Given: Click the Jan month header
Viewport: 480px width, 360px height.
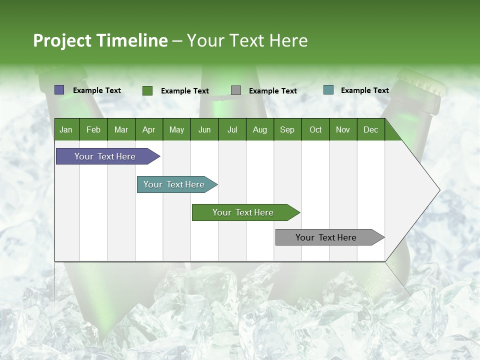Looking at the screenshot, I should tap(66, 129).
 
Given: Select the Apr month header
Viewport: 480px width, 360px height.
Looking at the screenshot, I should tap(148, 129).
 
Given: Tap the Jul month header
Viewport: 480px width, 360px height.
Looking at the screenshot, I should tap(232, 129).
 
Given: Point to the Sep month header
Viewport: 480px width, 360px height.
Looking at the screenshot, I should tap(287, 129).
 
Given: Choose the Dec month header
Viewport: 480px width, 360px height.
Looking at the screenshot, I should tap(370, 129).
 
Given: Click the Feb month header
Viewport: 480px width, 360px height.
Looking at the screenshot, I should tap(93, 129).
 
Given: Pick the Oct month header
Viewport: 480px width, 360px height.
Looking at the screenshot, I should tap(315, 129).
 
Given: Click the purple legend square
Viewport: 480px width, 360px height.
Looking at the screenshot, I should tap(59, 90).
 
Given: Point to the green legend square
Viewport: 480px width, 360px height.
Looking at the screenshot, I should tap(147, 90).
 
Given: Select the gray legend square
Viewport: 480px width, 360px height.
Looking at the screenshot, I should tap(236, 90).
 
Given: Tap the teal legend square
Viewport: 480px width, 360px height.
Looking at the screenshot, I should tap(328, 90).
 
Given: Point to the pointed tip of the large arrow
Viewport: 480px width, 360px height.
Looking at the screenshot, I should tap(439, 190).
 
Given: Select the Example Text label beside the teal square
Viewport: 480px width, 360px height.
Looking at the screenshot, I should tap(364, 90).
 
